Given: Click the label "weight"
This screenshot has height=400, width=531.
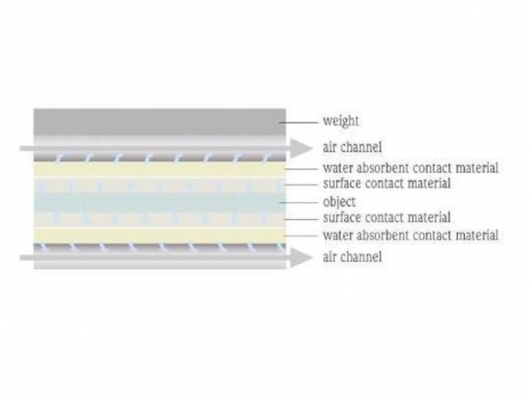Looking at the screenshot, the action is pyautogui.click(x=341, y=122).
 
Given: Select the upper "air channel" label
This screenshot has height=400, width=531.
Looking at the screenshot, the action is pyautogui.click(x=352, y=147).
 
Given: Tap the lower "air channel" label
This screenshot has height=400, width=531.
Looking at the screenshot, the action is pyautogui.click(x=352, y=256).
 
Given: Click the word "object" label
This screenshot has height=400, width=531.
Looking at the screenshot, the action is pyautogui.click(x=339, y=202).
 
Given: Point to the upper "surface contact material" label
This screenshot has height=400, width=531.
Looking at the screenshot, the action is pyautogui.click(x=387, y=184).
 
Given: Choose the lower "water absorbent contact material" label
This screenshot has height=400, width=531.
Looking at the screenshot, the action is pyautogui.click(x=411, y=235).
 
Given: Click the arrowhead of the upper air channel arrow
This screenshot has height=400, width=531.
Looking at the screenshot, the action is pyautogui.click(x=302, y=148).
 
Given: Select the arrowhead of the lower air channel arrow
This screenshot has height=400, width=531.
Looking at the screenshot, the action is pyautogui.click(x=302, y=257).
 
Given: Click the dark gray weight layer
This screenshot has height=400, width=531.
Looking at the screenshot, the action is pyautogui.click(x=159, y=122).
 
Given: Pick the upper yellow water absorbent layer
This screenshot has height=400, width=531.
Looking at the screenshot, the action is pyautogui.click(x=159, y=169).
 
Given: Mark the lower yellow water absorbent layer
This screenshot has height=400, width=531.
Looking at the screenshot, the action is pyautogui.click(x=159, y=235).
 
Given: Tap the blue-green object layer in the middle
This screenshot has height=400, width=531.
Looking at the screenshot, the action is pyautogui.click(x=159, y=202).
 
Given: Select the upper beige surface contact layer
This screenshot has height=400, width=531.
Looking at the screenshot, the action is pyautogui.click(x=159, y=184).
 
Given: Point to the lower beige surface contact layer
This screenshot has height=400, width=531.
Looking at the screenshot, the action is pyautogui.click(x=159, y=220).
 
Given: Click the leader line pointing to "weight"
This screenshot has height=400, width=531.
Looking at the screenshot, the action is pyautogui.click(x=299, y=122).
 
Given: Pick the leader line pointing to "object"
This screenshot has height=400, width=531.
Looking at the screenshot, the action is pyautogui.click(x=299, y=202).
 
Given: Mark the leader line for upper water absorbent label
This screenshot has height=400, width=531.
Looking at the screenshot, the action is pyautogui.click(x=302, y=169).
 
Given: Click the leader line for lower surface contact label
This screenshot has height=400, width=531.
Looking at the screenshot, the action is pyautogui.click(x=302, y=219).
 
